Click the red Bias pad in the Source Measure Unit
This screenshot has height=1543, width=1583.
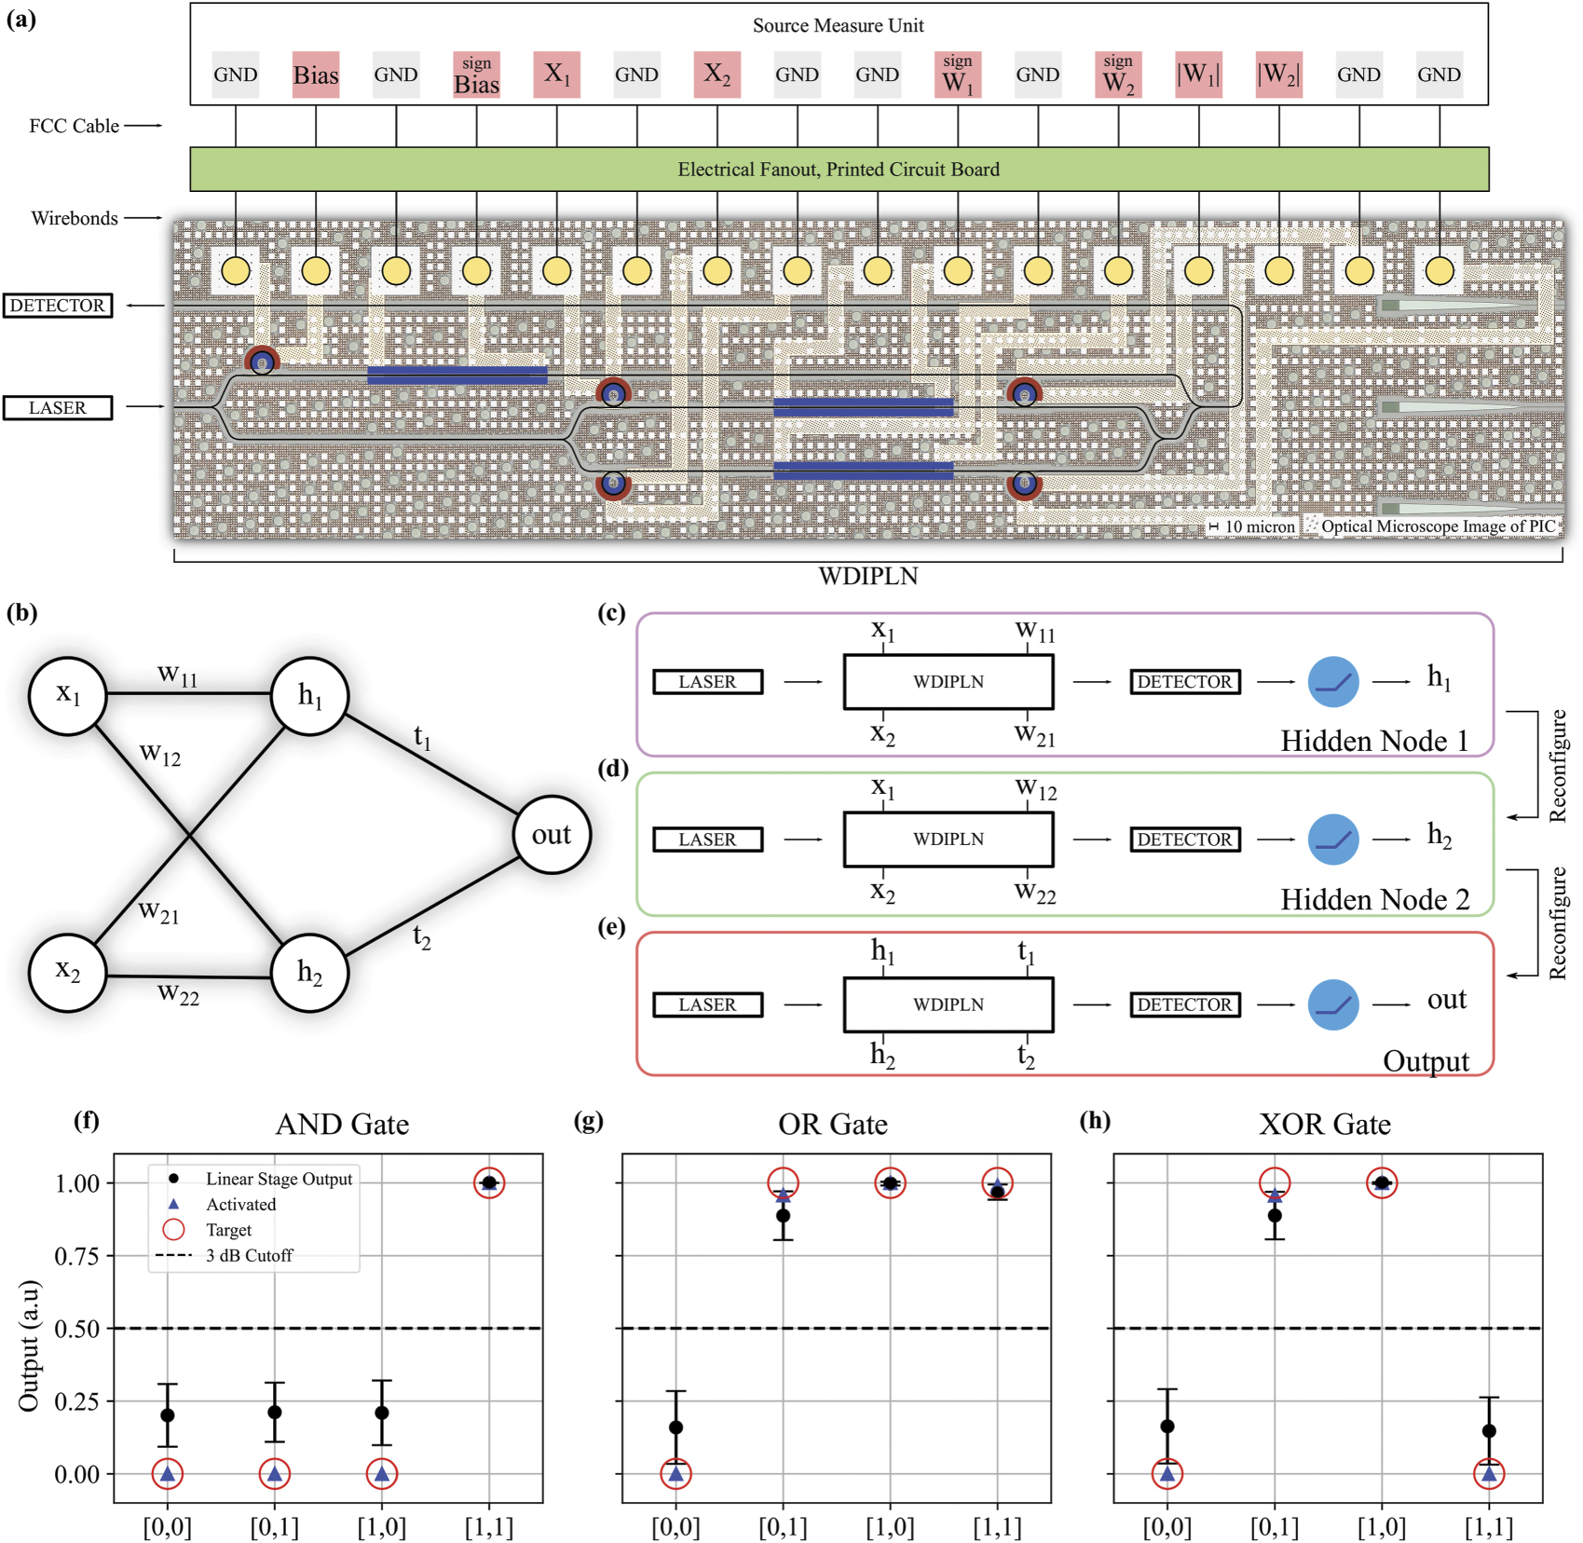(x=315, y=75)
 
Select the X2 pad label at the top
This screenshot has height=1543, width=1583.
(x=716, y=75)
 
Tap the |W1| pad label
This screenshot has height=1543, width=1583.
(x=1198, y=75)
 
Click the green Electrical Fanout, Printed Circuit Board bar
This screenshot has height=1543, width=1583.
(x=839, y=169)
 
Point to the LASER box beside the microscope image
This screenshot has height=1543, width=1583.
(x=58, y=407)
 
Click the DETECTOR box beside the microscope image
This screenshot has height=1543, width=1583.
(x=58, y=306)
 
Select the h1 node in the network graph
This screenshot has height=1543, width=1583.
(x=310, y=695)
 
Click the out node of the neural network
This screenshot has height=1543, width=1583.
(x=552, y=834)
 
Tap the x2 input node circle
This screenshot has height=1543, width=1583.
(x=67, y=971)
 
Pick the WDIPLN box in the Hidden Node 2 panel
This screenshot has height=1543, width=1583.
(x=948, y=839)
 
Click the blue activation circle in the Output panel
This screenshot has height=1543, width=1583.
(x=1332, y=1004)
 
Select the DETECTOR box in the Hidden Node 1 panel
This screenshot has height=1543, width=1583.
(x=1184, y=681)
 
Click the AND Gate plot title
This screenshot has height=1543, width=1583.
(x=342, y=1124)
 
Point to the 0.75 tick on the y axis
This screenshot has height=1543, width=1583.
(x=76, y=1256)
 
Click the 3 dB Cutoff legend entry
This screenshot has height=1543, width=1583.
(x=249, y=1255)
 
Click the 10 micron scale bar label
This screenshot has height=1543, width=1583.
(x=1259, y=526)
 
